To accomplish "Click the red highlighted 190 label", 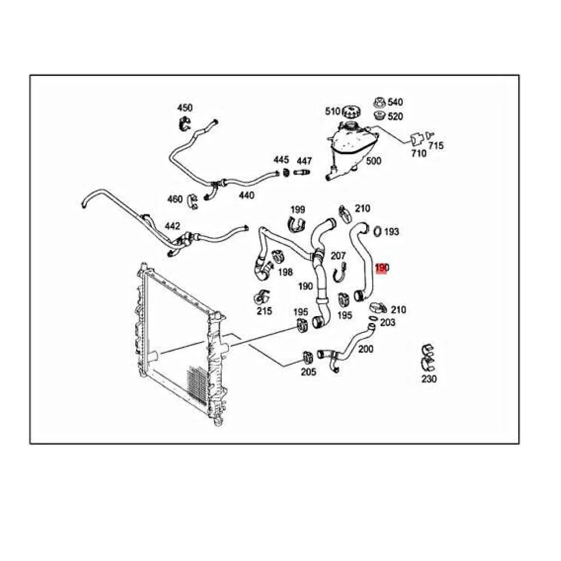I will pos(382,268).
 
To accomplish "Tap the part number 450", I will pos(185,108).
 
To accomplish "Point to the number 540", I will pos(396,102).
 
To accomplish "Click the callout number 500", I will pos(374,161).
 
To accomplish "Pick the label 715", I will pos(436,146).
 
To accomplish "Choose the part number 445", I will pos(281,160).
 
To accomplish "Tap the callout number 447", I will pos(305,161).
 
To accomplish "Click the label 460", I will pos(175,199).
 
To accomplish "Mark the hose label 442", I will pos(172,226).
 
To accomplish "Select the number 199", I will pos(298,209).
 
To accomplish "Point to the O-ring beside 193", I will pos(378,230).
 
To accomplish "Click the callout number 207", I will pos(338,256).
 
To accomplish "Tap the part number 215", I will pos(264,311).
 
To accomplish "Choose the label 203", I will pos(388,323).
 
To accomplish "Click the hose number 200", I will pos(366,349).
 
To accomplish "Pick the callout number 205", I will pos(309,371).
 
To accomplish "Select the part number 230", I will pos(429,379).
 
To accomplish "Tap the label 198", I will pos(286,272).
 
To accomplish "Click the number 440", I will pos(246,195).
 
